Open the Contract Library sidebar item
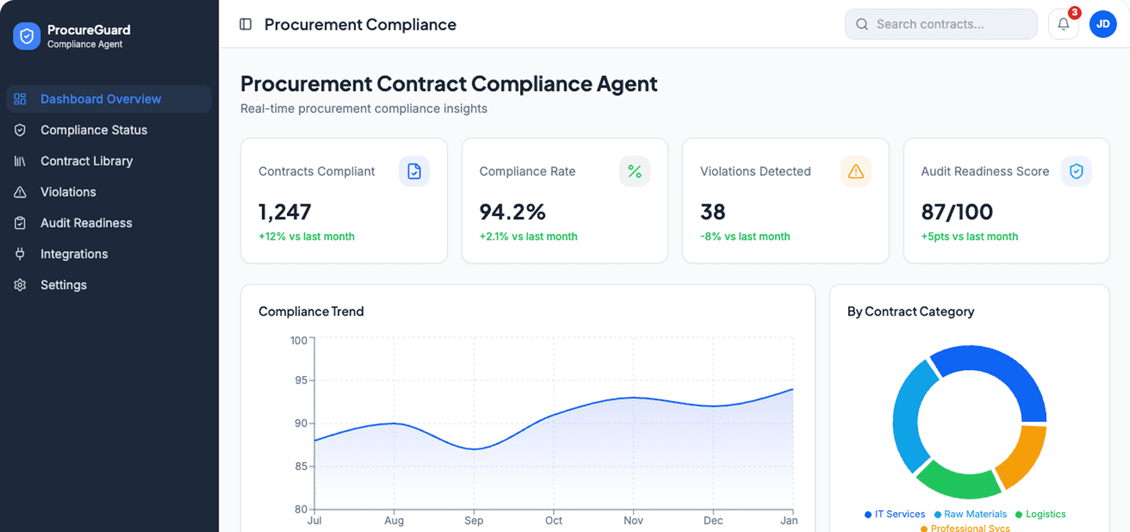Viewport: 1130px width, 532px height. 86,161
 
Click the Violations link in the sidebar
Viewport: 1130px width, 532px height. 68,192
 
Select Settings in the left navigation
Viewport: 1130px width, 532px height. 63,285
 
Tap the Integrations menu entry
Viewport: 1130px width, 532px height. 74,254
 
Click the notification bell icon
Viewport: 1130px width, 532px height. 1063,24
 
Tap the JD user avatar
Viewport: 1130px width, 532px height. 1103,24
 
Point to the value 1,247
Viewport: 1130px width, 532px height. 285,212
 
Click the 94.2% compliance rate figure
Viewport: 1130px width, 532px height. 512,212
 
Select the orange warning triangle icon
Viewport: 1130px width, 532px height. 855,171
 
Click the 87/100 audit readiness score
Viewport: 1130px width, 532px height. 957,212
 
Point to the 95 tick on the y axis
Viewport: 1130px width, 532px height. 301,380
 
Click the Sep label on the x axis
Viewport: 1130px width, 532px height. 474,520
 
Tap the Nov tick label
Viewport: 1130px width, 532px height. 633,520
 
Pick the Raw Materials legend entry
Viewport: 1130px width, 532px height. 974,514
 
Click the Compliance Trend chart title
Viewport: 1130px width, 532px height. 311,312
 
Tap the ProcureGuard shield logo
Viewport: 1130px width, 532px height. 27,36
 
